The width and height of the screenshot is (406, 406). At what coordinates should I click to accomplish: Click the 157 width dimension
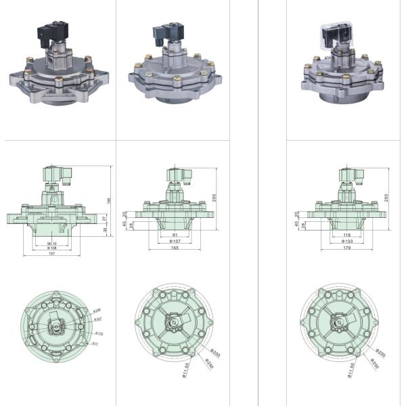click(51, 253)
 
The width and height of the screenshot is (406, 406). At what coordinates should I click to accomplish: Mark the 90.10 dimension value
click(51, 243)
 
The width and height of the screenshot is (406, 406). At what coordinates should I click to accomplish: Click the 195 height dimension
click(108, 200)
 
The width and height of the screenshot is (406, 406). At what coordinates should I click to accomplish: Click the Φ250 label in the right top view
click(374, 363)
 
